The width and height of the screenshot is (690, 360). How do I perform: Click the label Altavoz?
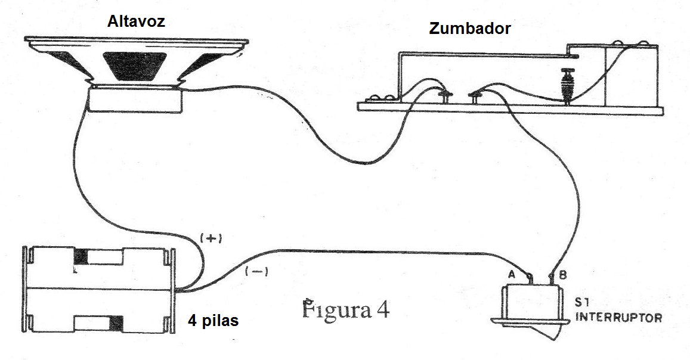(136, 21)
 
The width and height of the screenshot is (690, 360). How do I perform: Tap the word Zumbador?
(469, 29)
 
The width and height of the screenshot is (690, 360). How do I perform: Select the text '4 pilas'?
(214, 321)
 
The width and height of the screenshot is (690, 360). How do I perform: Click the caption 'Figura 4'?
(346, 310)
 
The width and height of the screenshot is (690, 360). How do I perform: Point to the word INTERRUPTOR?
(618, 317)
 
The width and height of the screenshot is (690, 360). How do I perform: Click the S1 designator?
(583, 302)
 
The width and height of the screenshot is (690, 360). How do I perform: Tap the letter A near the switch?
(511, 275)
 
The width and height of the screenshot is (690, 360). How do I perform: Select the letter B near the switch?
(562, 275)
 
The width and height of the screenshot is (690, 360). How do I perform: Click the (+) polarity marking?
(211, 238)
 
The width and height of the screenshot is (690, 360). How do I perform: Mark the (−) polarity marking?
(256, 272)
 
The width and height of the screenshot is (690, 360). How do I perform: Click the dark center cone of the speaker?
(135, 66)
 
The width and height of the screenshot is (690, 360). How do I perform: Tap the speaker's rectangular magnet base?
(135, 100)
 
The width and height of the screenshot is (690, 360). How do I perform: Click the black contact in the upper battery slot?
(81, 257)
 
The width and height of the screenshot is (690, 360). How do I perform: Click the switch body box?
(533, 302)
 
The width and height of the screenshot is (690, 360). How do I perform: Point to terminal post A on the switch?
(530, 278)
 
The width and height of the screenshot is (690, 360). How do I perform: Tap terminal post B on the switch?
(551, 278)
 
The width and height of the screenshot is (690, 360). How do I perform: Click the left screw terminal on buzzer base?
(445, 97)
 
